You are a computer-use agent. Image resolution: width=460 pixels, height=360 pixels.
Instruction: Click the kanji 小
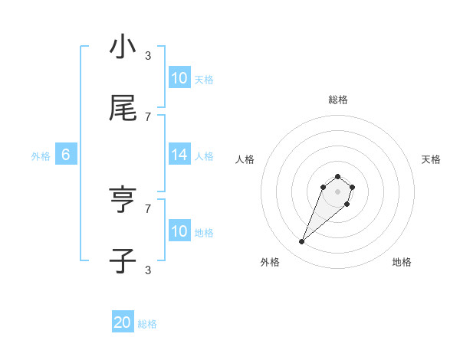[x=123, y=47]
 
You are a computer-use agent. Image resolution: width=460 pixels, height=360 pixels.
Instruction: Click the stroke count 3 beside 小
[x=148, y=55]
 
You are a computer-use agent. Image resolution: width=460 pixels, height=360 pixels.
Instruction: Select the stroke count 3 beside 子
[x=148, y=270]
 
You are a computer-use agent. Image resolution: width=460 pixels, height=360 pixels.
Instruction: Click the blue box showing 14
[x=179, y=155]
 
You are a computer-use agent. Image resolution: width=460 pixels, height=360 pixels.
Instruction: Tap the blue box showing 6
[x=66, y=155]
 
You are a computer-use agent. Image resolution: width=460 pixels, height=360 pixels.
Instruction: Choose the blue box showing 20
[x=123, y=323]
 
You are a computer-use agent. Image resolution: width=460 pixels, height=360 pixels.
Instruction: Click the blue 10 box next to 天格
[x=179, y=78]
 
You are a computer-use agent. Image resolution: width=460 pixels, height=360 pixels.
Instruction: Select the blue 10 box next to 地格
[x=179, y=231]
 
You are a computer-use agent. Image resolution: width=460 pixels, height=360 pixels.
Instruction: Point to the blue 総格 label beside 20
[x=147, y=324]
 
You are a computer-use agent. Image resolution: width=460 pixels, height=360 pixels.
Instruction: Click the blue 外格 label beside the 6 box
[x=41, y=155]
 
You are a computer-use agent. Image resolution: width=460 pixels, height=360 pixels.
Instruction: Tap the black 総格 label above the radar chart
[x=338, y=100]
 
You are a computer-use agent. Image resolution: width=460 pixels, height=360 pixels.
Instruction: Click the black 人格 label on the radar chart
[x=245, y=159]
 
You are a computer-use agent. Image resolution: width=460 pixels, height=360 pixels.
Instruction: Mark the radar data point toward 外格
[x=302, y=242]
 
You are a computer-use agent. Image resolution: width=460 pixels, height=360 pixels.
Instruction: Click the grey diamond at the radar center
[x=338, y=191]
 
